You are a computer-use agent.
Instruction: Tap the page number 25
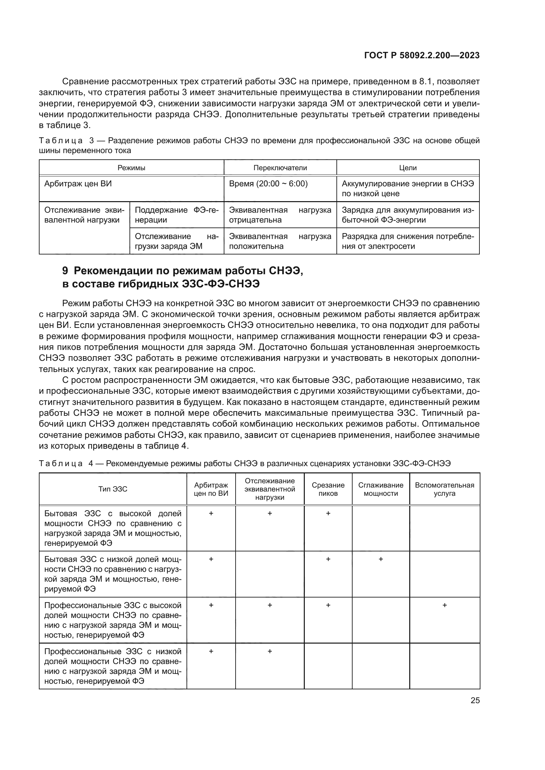point(475,701)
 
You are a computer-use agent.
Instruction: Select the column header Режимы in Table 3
point(131,168)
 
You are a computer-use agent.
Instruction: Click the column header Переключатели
point(280,168)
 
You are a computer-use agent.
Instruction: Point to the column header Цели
point(408,168)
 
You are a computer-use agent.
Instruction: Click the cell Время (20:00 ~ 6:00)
point(268,184)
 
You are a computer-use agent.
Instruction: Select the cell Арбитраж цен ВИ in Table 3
point(78,184)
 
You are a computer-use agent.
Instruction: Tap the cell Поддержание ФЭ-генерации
point(177,215)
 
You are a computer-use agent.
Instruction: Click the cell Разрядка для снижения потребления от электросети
point(408,241)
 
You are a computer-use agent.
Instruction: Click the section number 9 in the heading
point(66,271)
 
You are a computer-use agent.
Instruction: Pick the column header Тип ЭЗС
point(113,489)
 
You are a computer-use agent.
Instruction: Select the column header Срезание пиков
point(328,489)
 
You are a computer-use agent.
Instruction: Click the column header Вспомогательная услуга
point(444,489)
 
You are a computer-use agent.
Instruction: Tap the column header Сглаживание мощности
point(381,489)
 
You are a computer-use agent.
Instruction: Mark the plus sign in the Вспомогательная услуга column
point(444,605)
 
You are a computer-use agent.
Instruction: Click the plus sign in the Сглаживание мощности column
point(381,559)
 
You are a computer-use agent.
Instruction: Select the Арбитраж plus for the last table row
point(211,651)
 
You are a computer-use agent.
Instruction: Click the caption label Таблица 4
point(61,464)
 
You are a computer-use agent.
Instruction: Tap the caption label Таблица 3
point(61,141)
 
